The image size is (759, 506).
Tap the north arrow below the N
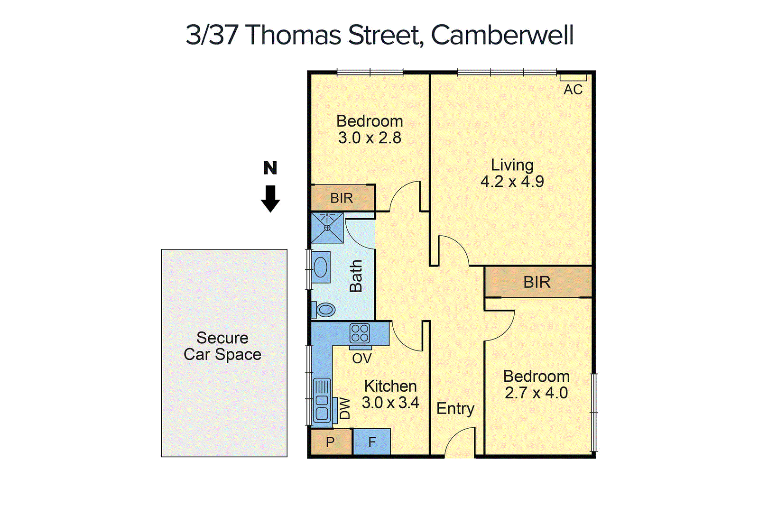tap(270, 199)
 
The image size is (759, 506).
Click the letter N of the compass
tap(270, 168)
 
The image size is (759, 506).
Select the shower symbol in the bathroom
tap(327, 228)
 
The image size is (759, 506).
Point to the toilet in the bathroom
tap(324, 310)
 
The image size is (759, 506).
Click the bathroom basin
tap(321, 267)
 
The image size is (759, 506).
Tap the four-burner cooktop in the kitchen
tap(360, 333)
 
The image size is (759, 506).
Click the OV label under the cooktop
tap(362, 359)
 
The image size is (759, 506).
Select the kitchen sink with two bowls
tap(322, 401)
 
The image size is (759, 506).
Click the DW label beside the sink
tap(345, 408)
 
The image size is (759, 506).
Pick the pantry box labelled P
tap(331, 442)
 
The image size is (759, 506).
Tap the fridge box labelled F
tap(372, 442)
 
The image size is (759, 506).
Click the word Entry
tap(455, 408)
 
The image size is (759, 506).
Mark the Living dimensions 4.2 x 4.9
tap(512, 182)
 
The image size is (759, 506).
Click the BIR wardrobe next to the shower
tap(342, 198)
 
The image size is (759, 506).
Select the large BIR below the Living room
tap(537, 282)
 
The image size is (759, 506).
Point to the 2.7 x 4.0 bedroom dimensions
tap(536, 393)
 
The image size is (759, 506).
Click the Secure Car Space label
tap(222, 346)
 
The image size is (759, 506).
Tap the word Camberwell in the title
tap(502, 35)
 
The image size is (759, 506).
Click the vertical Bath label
tap(356, 276)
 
